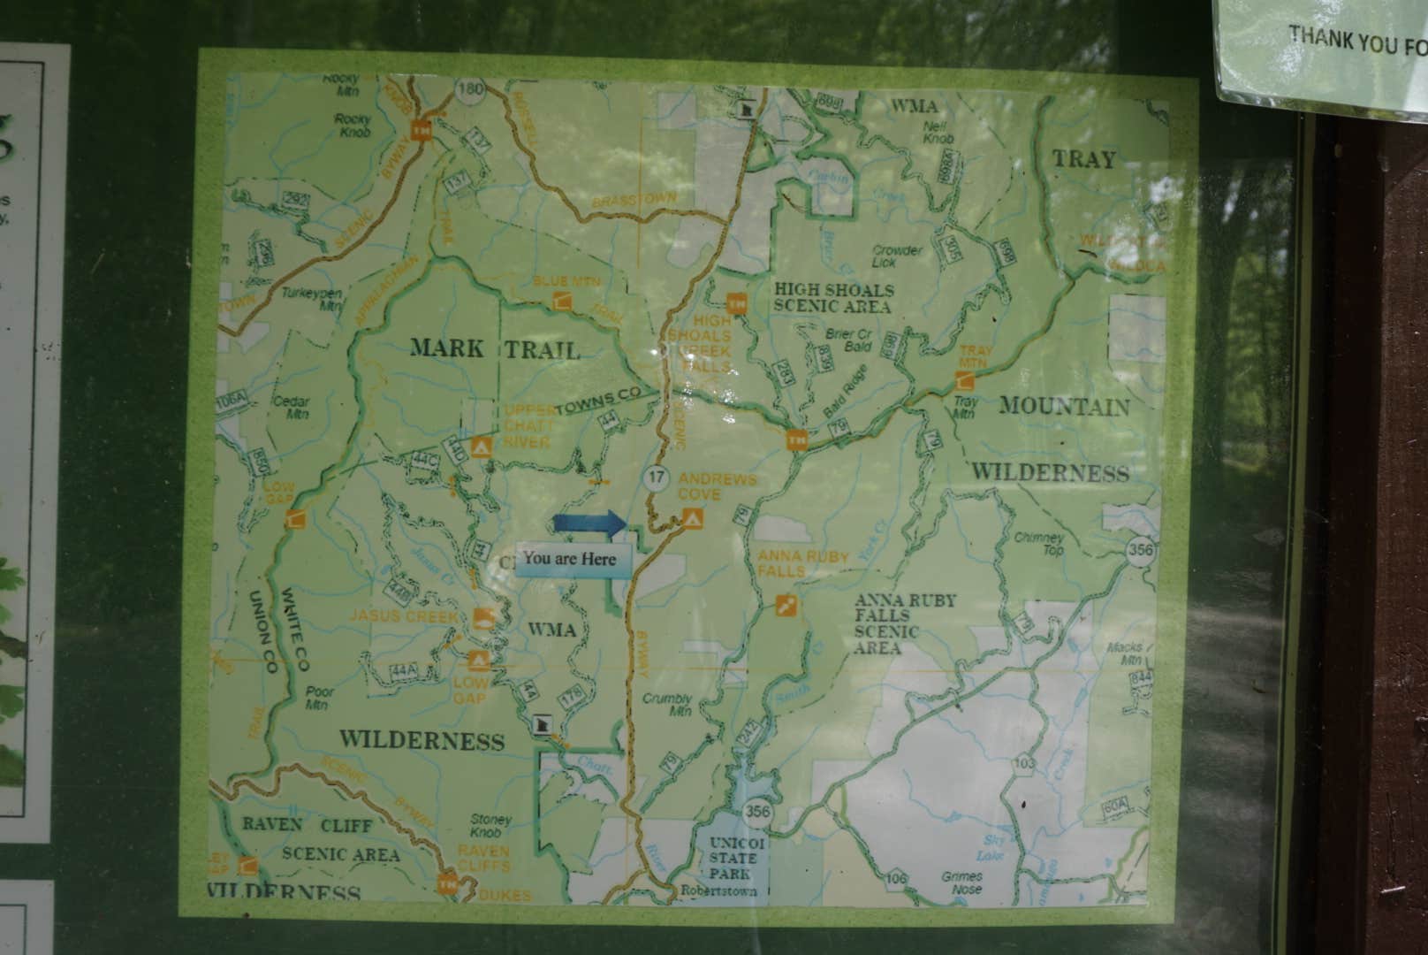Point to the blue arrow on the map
pos(589,523)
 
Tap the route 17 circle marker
pos(655,478)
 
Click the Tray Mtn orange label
pos(975,357)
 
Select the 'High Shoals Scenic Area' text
pos(833,298)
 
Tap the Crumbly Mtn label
pos(667,704)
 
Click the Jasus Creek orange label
pos(404,615)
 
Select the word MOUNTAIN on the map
pos(1064,407)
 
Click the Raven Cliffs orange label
pos(483,857)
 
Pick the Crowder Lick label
pos(897,256)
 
